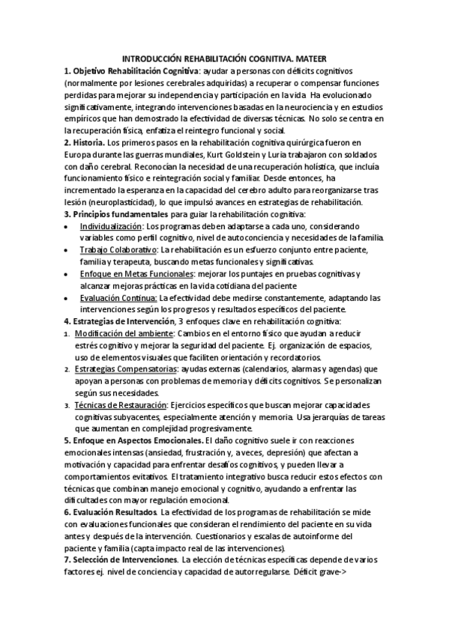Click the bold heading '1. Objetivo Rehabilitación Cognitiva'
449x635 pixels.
[x=125, y=70]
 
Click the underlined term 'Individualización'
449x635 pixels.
[x=111, y=225]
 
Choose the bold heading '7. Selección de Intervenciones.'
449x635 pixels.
[x=120, y=559]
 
